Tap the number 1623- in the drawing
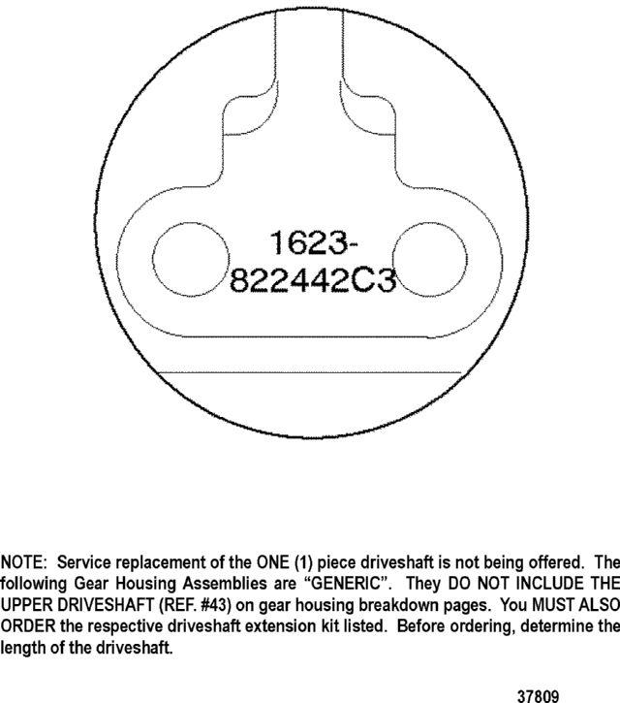pos(314,242)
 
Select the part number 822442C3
pos(313,280)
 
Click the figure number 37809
pos(538,696)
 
